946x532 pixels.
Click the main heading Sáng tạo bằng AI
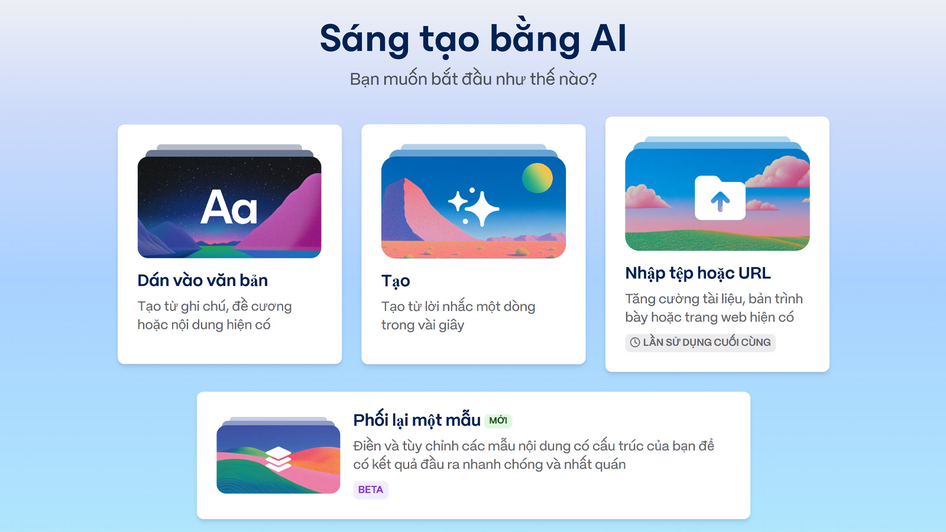473,39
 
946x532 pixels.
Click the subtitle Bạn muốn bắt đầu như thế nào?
473,79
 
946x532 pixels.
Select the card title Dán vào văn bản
202,280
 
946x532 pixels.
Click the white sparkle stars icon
474,207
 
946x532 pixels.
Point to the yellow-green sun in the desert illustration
537,178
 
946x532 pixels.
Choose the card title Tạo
396,281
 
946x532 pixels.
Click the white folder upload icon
720,197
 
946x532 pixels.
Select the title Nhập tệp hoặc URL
698,273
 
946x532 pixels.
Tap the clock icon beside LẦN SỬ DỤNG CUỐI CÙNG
635,342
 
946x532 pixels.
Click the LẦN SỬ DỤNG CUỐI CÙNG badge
700,342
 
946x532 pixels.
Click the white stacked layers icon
278,459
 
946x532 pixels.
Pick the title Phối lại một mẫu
417,420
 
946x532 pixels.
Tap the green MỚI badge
498,420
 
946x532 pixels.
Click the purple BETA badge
370,490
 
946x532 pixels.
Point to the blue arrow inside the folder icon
720,201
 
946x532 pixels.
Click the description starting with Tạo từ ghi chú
214,316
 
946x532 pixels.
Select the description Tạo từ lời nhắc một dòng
458,316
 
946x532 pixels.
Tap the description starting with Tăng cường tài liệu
714,308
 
